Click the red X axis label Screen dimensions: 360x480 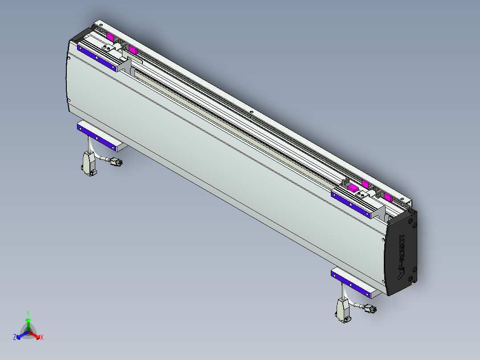coord(41,338)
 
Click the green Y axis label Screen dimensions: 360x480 coord(28,313)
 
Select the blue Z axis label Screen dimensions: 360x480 coord(15,337)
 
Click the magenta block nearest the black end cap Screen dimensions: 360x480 coord(387,198)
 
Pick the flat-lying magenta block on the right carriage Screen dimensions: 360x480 coord(353,188)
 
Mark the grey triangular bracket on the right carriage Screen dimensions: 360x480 coord(379,212)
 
